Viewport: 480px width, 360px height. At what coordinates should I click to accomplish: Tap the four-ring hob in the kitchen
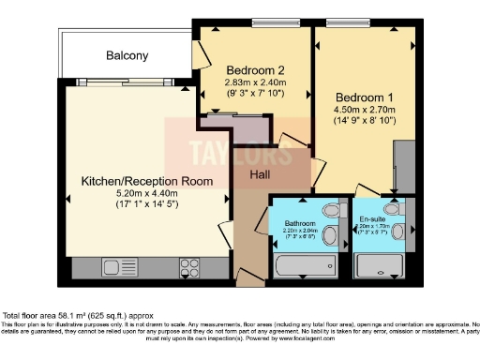point(190,264)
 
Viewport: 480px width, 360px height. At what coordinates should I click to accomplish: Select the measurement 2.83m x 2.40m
point(256,80)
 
